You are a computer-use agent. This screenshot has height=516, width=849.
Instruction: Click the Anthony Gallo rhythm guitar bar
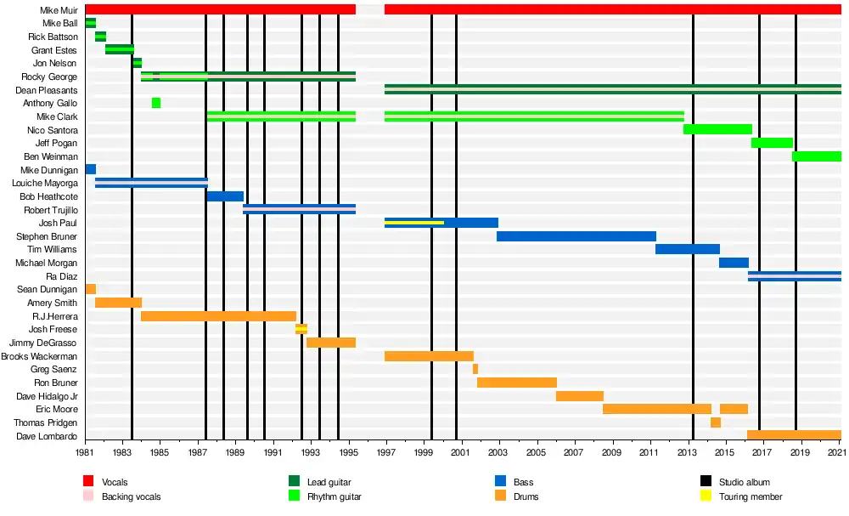156,103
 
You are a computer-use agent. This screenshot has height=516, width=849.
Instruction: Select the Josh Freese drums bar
301,329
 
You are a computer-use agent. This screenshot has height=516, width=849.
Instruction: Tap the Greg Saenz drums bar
475,369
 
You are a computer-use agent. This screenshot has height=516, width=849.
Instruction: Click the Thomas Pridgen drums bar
716,422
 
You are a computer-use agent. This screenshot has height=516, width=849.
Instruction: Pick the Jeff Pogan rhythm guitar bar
772,143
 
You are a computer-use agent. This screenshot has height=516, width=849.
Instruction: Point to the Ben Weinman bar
816,156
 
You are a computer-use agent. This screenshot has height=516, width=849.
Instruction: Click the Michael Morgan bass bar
734,263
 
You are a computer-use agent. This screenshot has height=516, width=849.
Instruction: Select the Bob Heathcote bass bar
225,196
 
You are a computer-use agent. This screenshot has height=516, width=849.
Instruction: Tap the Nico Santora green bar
717,129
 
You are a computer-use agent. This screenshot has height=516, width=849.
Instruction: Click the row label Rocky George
49,77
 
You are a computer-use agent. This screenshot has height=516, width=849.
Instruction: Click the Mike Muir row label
59,10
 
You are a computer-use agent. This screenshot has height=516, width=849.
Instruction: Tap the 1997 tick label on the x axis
385,455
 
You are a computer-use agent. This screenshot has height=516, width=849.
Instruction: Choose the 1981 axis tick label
85,455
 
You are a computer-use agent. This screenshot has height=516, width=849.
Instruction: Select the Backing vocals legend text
131,496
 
